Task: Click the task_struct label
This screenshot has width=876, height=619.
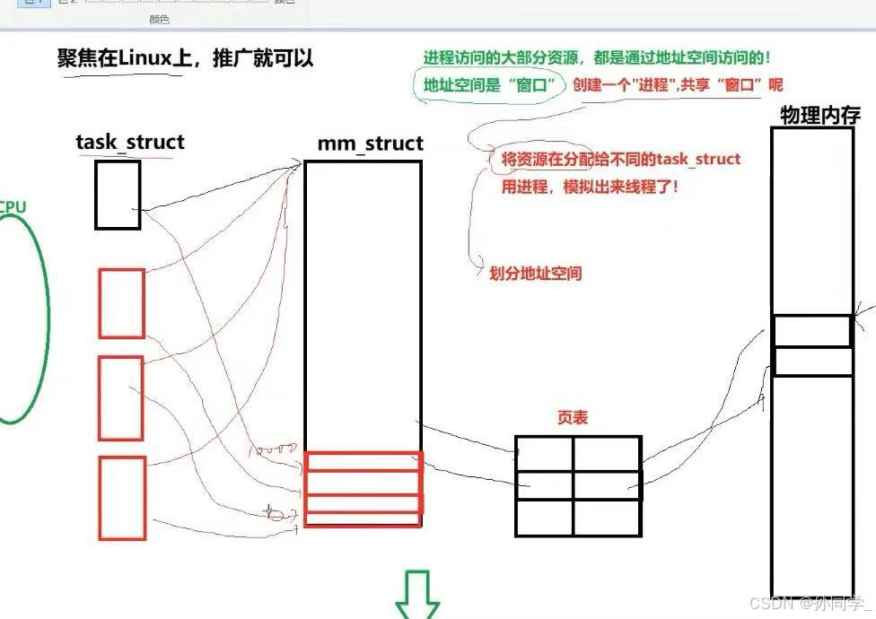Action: tap(129, 142)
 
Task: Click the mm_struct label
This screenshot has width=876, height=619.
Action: tap(370, 144)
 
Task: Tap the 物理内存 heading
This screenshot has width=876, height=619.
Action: tap(819, 116)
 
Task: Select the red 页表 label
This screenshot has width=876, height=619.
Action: tap(573, 418)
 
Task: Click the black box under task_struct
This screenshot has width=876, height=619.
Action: tap(118, 195)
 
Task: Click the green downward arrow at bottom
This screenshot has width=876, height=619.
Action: tap(418, 593)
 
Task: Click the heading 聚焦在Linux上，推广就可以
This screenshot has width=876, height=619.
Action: tap(185, 58)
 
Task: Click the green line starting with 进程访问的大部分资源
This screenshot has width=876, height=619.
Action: tap(597, 58)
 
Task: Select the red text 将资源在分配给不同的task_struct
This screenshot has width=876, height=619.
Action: tap(615, 160)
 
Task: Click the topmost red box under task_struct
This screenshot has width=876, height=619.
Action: tap(121, 303)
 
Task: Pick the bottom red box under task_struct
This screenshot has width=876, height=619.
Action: tap(122, 498)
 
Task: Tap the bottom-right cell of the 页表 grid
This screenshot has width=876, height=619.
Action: tap(608, 518)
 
